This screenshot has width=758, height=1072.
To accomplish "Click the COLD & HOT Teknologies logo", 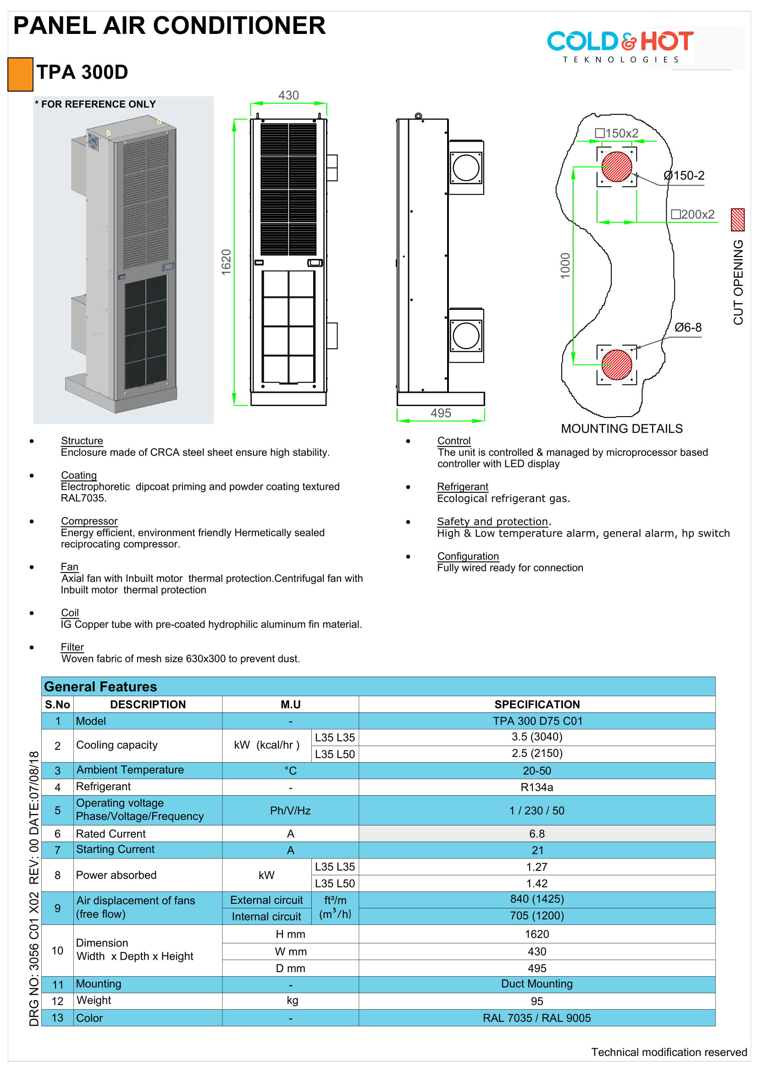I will [x=620, y=46].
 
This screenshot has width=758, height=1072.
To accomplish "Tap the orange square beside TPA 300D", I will [x=21, y=74].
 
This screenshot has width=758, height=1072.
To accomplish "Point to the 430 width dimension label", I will [x=288, y=95].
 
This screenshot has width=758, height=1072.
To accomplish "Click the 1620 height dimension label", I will [x=227, y=262].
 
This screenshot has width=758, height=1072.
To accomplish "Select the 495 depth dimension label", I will [x=441, y=413].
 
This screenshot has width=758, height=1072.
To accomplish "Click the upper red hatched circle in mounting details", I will [x=616, y=167].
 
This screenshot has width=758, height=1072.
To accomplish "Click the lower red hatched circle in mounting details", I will [x=616, y=365].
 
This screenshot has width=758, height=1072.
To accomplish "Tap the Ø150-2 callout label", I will [x=684, y=176].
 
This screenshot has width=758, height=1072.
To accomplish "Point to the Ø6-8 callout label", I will [x=687, y=327].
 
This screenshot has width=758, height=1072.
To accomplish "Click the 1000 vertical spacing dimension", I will [x=565, y=266].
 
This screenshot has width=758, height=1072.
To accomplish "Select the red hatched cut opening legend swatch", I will [x=737, y=220].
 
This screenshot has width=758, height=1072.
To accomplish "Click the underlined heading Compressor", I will [x=89, y=521].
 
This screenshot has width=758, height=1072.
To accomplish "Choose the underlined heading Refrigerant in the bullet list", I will [x=462, y=487].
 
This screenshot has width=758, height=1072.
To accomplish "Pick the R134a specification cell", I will [x=537, y=787].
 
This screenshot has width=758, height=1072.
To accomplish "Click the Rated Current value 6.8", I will [x=537, y=834].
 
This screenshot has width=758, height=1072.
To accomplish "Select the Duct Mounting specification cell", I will [x=537, y=984].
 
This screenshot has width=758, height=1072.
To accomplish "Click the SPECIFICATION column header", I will [x=537, y=704].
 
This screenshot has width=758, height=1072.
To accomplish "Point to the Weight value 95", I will [x=537, y=1001].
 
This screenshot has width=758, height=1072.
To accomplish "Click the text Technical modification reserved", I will [x=669, y=1052].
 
